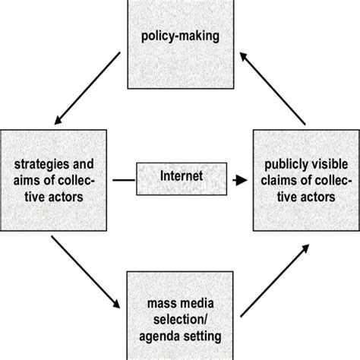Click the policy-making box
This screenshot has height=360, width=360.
click(x=180, y=37)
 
